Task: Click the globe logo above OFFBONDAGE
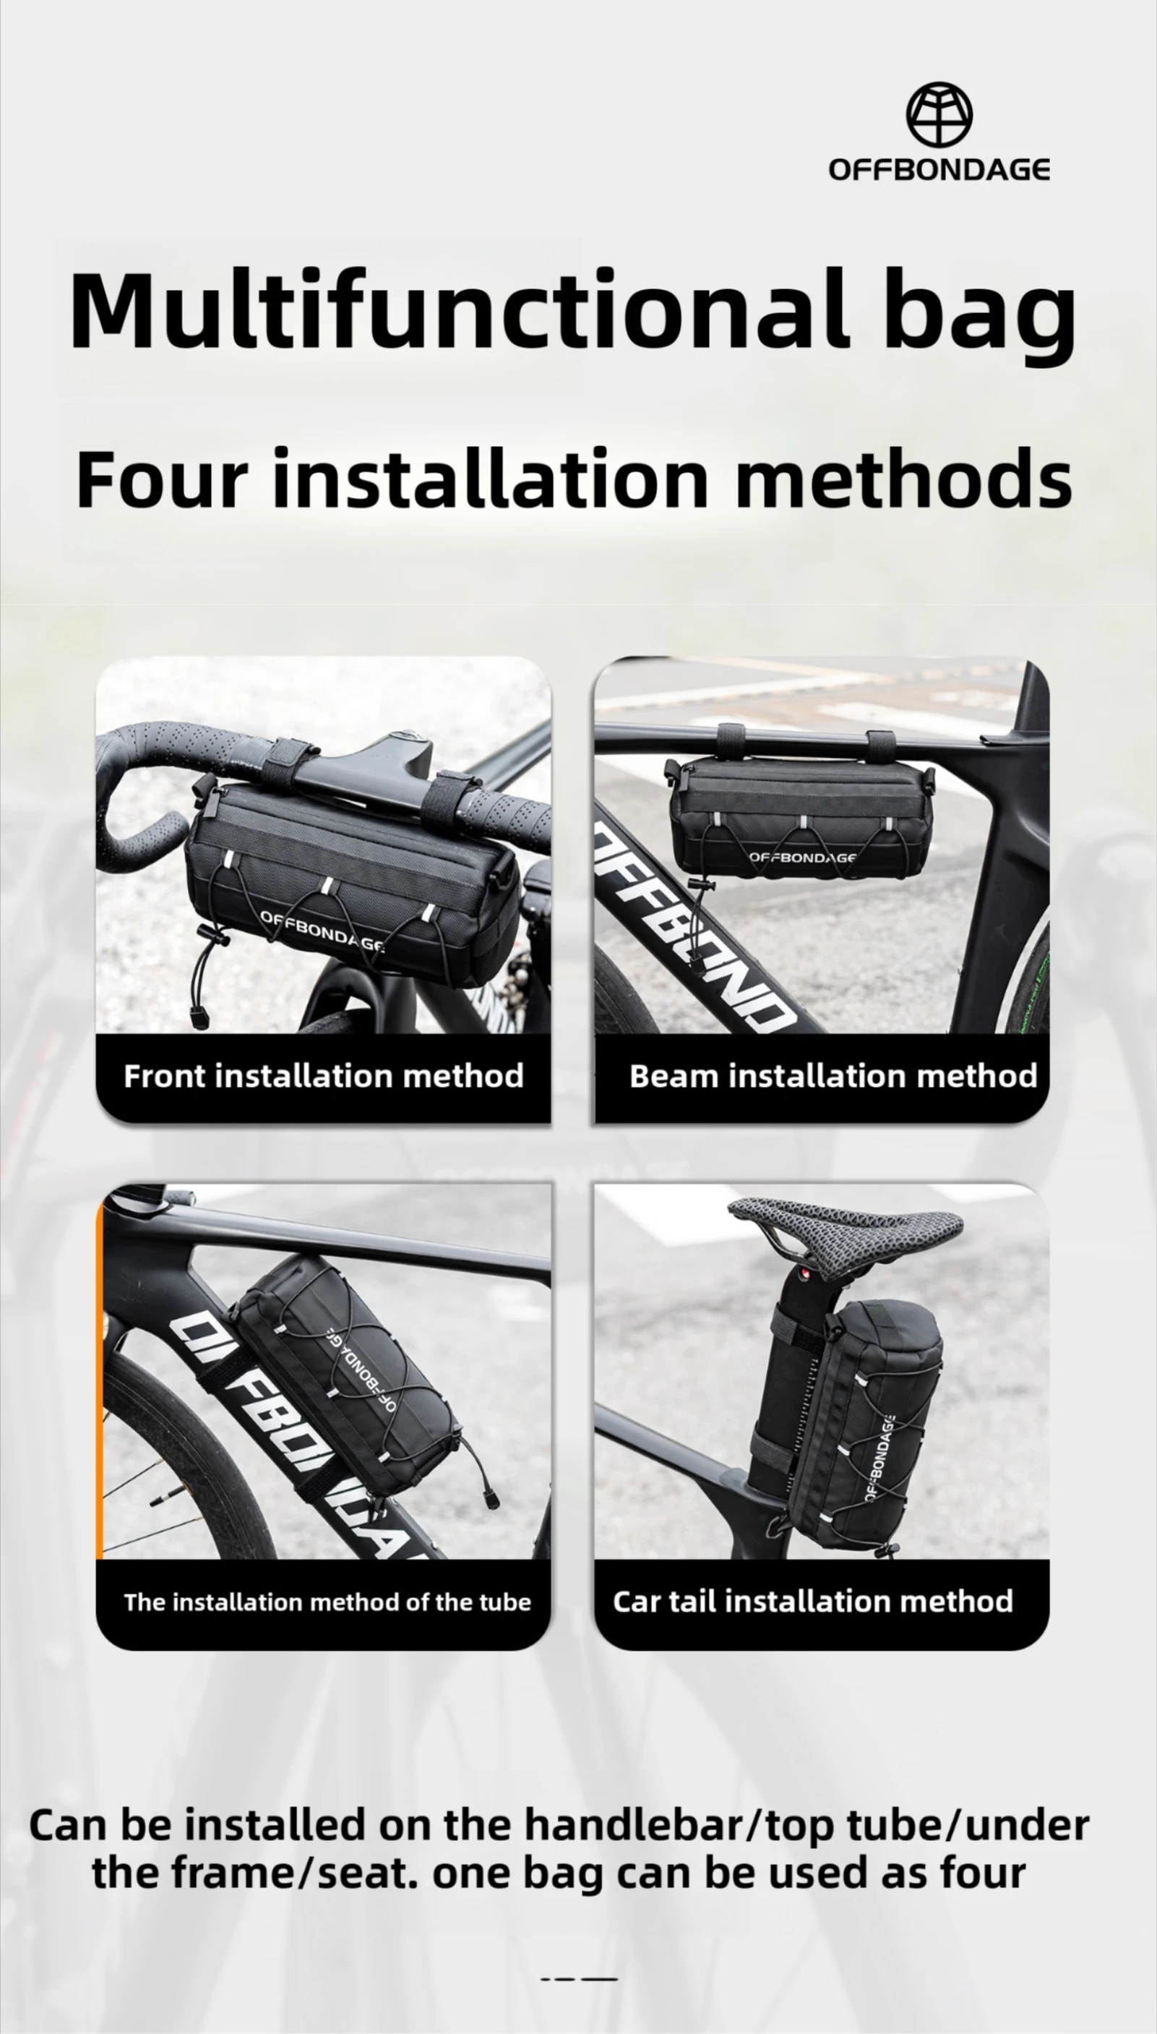pyautogui.click(x=939, y=115)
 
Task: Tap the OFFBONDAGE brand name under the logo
pyautogui.click(x=939, y=169)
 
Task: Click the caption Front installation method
pyautogui.click(x=324, y=1075)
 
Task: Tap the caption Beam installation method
pyautogui.click(x=833, y=1075)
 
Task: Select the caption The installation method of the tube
pyautogui.click(x=327, y=1602)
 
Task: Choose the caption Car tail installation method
pyautogui.click(x=813, y=1601)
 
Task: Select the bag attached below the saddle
pyautogui.click(x=851, y=1423)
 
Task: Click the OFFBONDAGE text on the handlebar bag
pyautogui.click(x=322, y=931)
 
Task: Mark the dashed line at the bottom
pyautogui.click(x=578, y=1978)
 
